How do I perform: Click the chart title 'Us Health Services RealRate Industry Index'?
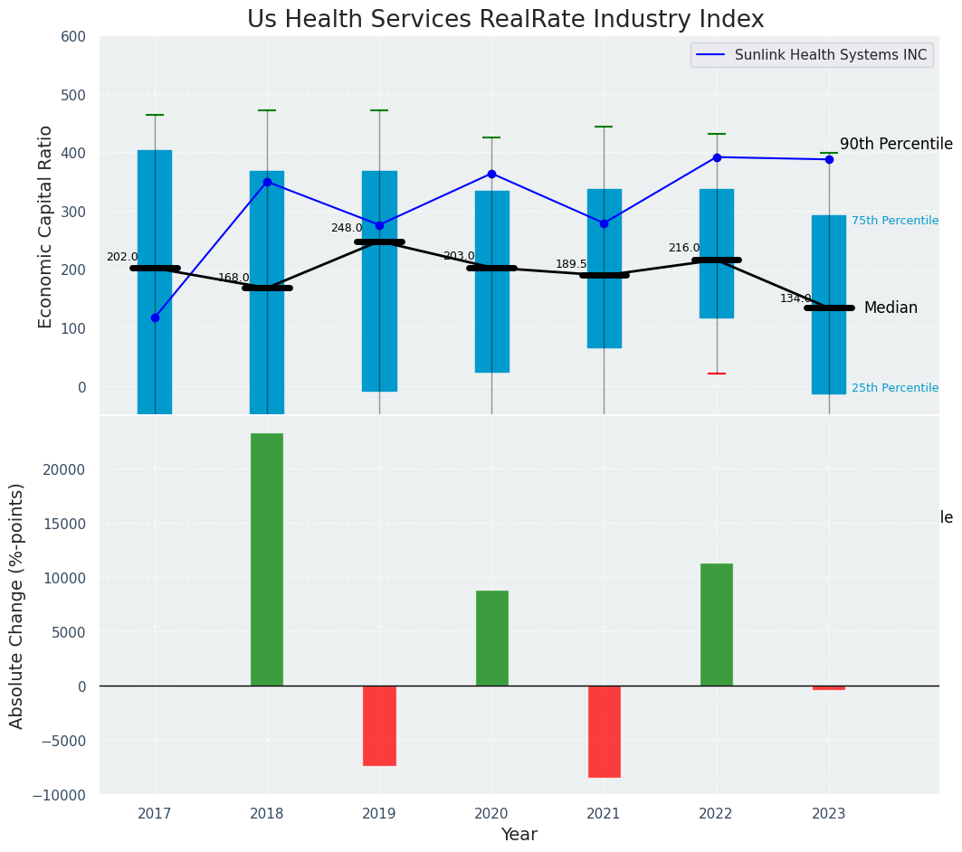tap(505, 20)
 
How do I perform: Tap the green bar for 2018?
tap(267, 559)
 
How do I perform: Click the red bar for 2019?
tap(379, 725)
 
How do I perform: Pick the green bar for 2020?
tap(491, 638)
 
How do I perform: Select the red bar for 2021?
tap(604, 731)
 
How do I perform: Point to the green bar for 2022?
tap(716, 624)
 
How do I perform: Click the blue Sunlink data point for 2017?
tap(155, 317)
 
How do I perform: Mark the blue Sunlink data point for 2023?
tap(829, 159)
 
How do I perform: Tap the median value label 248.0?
tap(347, 228)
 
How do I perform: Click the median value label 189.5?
tap(571, 264)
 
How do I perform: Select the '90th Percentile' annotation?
tap(896, 145)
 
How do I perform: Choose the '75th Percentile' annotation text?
tap(894, 221)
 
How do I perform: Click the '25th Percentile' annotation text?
tap(894, 388)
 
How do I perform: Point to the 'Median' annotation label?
tap(891, 308)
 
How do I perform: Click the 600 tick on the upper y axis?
tap(73, 37)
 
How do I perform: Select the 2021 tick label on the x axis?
tap(604, 813)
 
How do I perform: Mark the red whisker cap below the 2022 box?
tap(716, 374)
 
